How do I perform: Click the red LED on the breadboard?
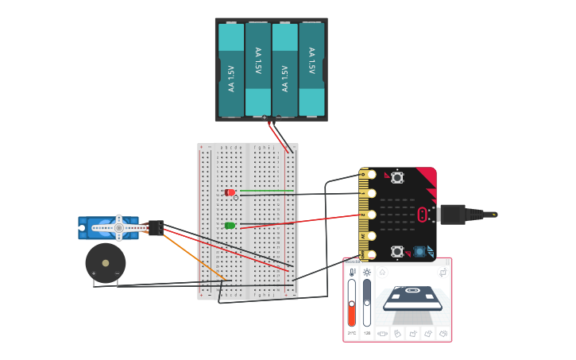pos(230,192)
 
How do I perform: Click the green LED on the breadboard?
pos(230,226)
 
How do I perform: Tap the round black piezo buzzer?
pos(105,263)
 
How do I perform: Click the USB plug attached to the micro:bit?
pos(453,215)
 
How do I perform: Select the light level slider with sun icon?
pos(366,302)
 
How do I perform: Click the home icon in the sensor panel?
pos(382,272)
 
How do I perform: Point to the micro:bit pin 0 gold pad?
pos(367,174)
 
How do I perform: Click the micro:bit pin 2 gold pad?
pos(367,215)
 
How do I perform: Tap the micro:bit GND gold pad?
pos(367,254)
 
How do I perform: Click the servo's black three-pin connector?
pos(155,228)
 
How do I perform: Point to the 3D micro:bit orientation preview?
pos(412,298)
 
